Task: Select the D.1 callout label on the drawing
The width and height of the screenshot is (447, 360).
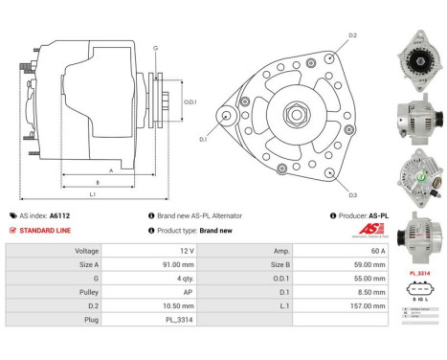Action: pos(203,140)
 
